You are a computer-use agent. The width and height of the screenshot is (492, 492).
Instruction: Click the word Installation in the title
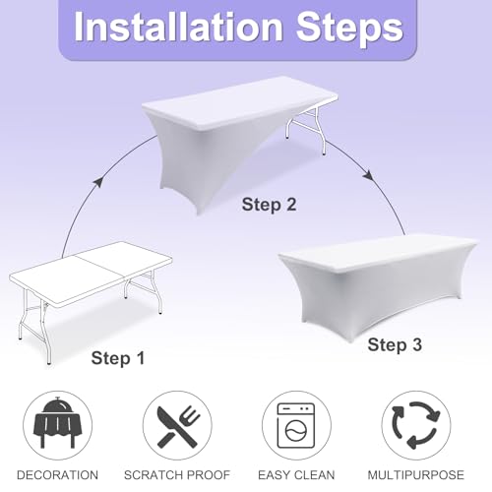point(178,27)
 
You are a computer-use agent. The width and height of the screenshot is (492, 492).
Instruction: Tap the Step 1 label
point(118,358)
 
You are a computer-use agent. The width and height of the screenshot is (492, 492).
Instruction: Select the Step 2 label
point(269,204)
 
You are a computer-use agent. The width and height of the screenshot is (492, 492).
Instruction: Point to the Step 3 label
point(395,344)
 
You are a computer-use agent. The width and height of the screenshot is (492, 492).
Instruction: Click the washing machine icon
point(296,425)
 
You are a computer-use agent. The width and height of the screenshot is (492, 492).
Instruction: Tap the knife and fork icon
point(177,425)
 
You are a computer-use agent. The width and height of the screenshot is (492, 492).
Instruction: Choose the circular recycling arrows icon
point(416,425)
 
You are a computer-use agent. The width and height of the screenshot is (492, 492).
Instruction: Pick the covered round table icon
point(57,423)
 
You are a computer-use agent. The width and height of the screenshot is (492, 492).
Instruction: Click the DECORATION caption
point(57,475)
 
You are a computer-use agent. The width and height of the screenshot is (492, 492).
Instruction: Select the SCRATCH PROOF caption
point(177,475)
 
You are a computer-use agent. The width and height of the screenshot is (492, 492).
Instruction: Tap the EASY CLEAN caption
point(296,475)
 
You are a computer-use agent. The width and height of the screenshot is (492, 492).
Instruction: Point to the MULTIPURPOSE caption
point(416,475)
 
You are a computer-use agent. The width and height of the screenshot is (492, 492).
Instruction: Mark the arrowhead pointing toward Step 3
point(368,175)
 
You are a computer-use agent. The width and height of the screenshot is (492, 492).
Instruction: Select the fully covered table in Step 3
point(377,285)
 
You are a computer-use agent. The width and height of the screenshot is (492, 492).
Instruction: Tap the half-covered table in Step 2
point(236,138)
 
